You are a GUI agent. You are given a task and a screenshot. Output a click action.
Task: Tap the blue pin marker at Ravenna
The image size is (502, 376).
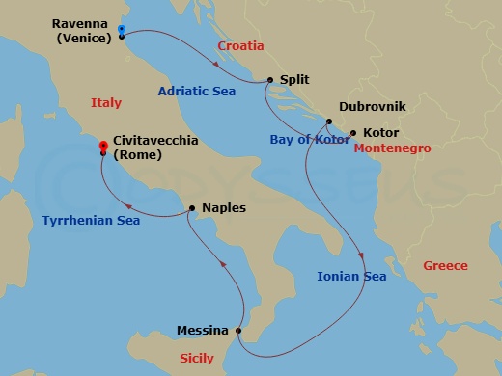pos(121,30)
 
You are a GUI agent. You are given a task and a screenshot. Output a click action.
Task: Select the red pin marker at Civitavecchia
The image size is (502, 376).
pos(103,148)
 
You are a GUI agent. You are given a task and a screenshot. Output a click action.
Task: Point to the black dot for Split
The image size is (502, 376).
pos(269,81)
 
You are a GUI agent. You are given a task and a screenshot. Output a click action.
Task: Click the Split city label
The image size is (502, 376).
pos(293,81)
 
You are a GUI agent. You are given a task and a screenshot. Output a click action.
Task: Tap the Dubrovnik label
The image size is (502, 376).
pos(373,109)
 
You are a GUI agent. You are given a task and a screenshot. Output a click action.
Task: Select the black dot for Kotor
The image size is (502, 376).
pos(353,132)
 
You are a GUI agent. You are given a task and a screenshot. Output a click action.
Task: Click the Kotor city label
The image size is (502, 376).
pos(380,132)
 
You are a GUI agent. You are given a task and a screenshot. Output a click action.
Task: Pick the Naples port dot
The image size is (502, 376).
pos(193,207)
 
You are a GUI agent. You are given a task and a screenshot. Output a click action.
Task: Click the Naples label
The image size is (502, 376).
pos(224,207)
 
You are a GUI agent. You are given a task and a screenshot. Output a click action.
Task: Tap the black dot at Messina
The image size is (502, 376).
pos(238,331)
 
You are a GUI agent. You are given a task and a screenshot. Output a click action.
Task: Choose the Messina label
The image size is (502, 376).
pos(203,331)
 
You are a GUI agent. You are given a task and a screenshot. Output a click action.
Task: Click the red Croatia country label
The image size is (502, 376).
pos(240,45)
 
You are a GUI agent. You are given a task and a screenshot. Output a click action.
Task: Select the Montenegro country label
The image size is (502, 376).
pos(392,148)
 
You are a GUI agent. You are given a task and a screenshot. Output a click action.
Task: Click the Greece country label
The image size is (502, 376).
pos(445,266)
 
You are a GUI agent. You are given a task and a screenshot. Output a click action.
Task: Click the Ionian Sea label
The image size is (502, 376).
pos(351,277)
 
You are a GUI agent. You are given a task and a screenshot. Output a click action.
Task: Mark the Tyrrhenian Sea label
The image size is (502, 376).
pos(91,221)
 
